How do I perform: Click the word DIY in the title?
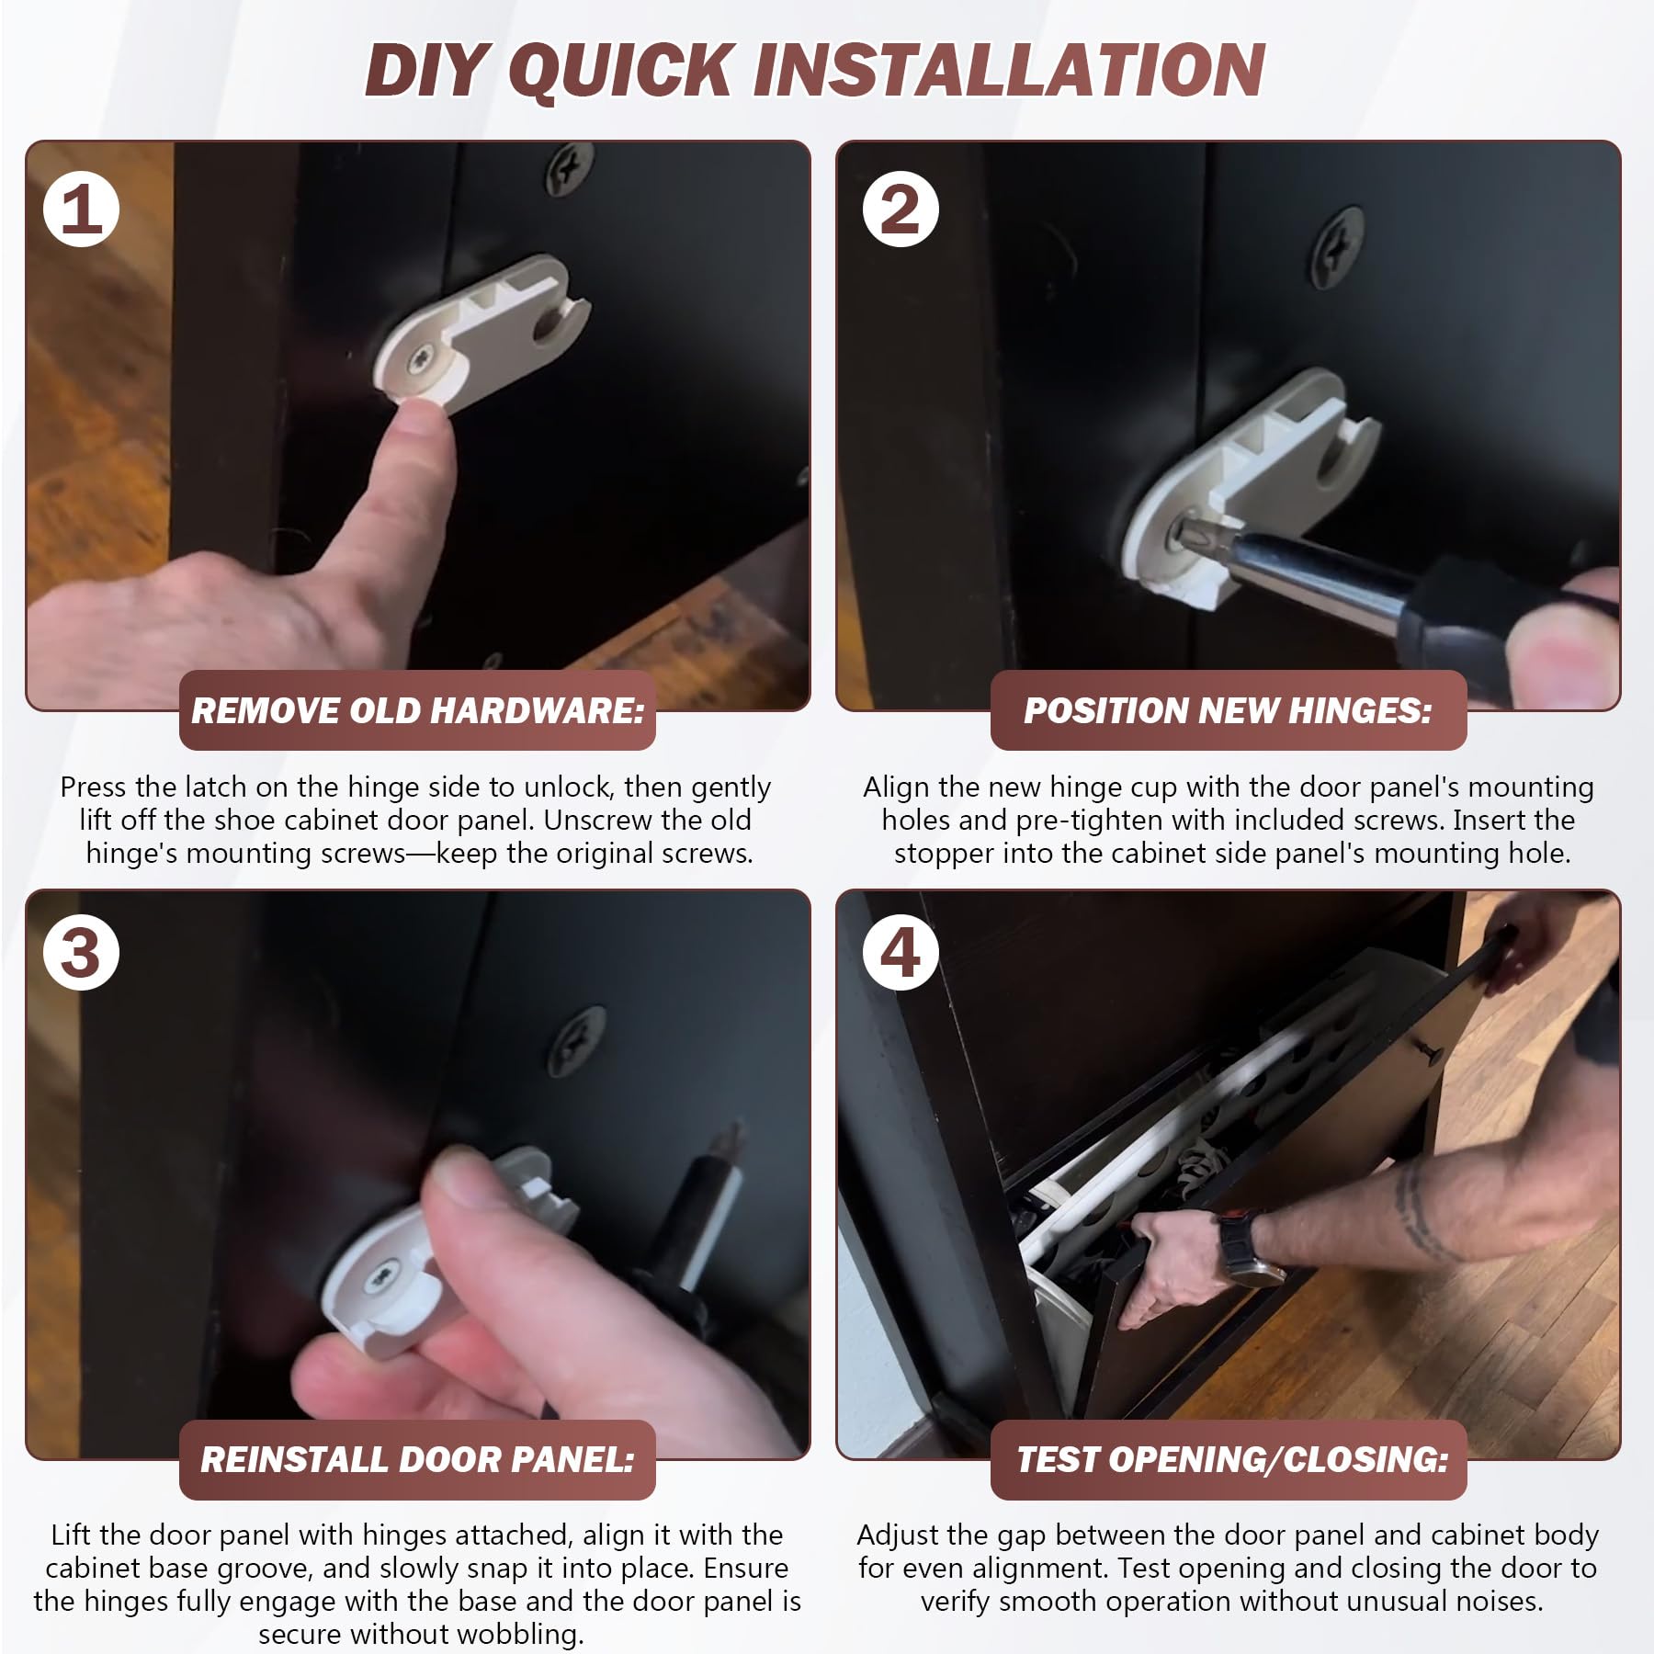click(425, 70)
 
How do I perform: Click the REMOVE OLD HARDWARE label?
click(417, 710)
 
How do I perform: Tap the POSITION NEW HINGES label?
click(1229, 710)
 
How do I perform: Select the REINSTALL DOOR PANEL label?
click(417, 1459)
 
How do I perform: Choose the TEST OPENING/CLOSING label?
click(1229, 1459)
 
